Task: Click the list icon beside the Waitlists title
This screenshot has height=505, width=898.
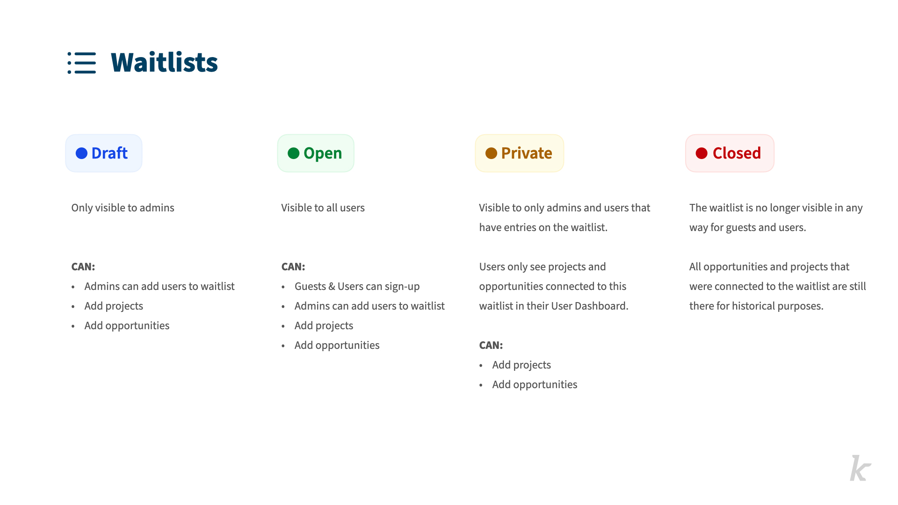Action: click(x=82, y=63)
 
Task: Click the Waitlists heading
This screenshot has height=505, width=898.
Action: click(x=164, y=63)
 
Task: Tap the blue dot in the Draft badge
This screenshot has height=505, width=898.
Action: click(x=81, y=153)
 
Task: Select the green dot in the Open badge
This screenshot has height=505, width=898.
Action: click(x=293, y=153)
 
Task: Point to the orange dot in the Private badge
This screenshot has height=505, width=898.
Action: click(x=491, y=153)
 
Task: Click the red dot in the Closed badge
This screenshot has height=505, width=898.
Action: click(x=702, y=153)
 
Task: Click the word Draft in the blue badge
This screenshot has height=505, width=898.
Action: click(x=109, y=153)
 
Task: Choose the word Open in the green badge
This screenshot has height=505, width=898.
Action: click(x=323, y=154)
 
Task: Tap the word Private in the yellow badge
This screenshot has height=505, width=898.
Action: click(x=527, y=153)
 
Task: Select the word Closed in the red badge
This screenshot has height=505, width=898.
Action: click(x=737, y=153)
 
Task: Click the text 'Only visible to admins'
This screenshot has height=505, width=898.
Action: click(x=123, y=208)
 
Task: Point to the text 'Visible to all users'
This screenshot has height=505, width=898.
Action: click(x=323, y=208)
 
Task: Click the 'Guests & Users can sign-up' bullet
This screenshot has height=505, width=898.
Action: click(x=357, y=287)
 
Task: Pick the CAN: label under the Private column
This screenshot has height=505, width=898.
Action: click(x=491, y=346)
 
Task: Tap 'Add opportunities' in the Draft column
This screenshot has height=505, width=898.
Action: click(x=127, y=326)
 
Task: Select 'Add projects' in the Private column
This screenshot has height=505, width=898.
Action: click(x=521, y=365)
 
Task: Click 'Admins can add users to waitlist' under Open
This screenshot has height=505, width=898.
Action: click(x=369, y=306)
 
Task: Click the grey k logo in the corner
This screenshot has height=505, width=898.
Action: click(x=860, y=468)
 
